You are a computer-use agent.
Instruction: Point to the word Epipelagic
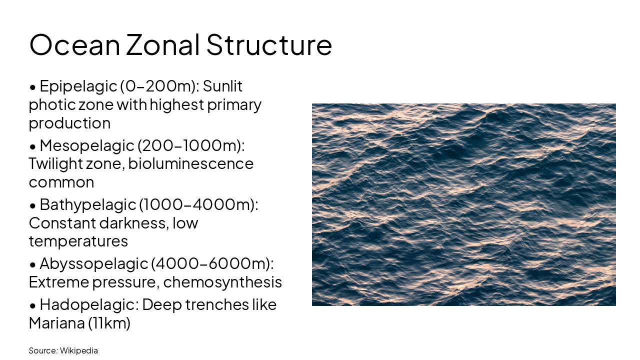(x=78, y=86)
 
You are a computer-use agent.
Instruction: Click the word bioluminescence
(x=191, y=163)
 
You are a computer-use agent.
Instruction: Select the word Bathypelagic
(x=87, y=204)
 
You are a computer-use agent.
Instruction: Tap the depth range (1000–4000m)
(x=198, y=204)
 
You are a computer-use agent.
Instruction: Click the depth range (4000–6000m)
(x=212, y=263)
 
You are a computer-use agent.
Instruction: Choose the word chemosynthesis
(x=222, y=282)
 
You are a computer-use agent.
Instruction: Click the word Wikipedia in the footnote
(x=79, y=350)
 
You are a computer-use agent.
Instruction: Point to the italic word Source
(x=43, y=350)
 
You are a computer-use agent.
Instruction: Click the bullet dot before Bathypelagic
(x=32, y=205)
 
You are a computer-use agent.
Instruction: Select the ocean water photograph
(x=463, y=204)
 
